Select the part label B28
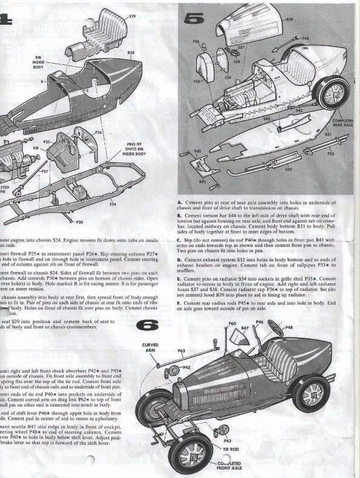(130, 54)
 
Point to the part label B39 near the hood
(290, 19)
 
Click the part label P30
(80, 223)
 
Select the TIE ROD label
(230, 449)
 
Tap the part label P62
(182, 350)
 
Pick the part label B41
(202, 181)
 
